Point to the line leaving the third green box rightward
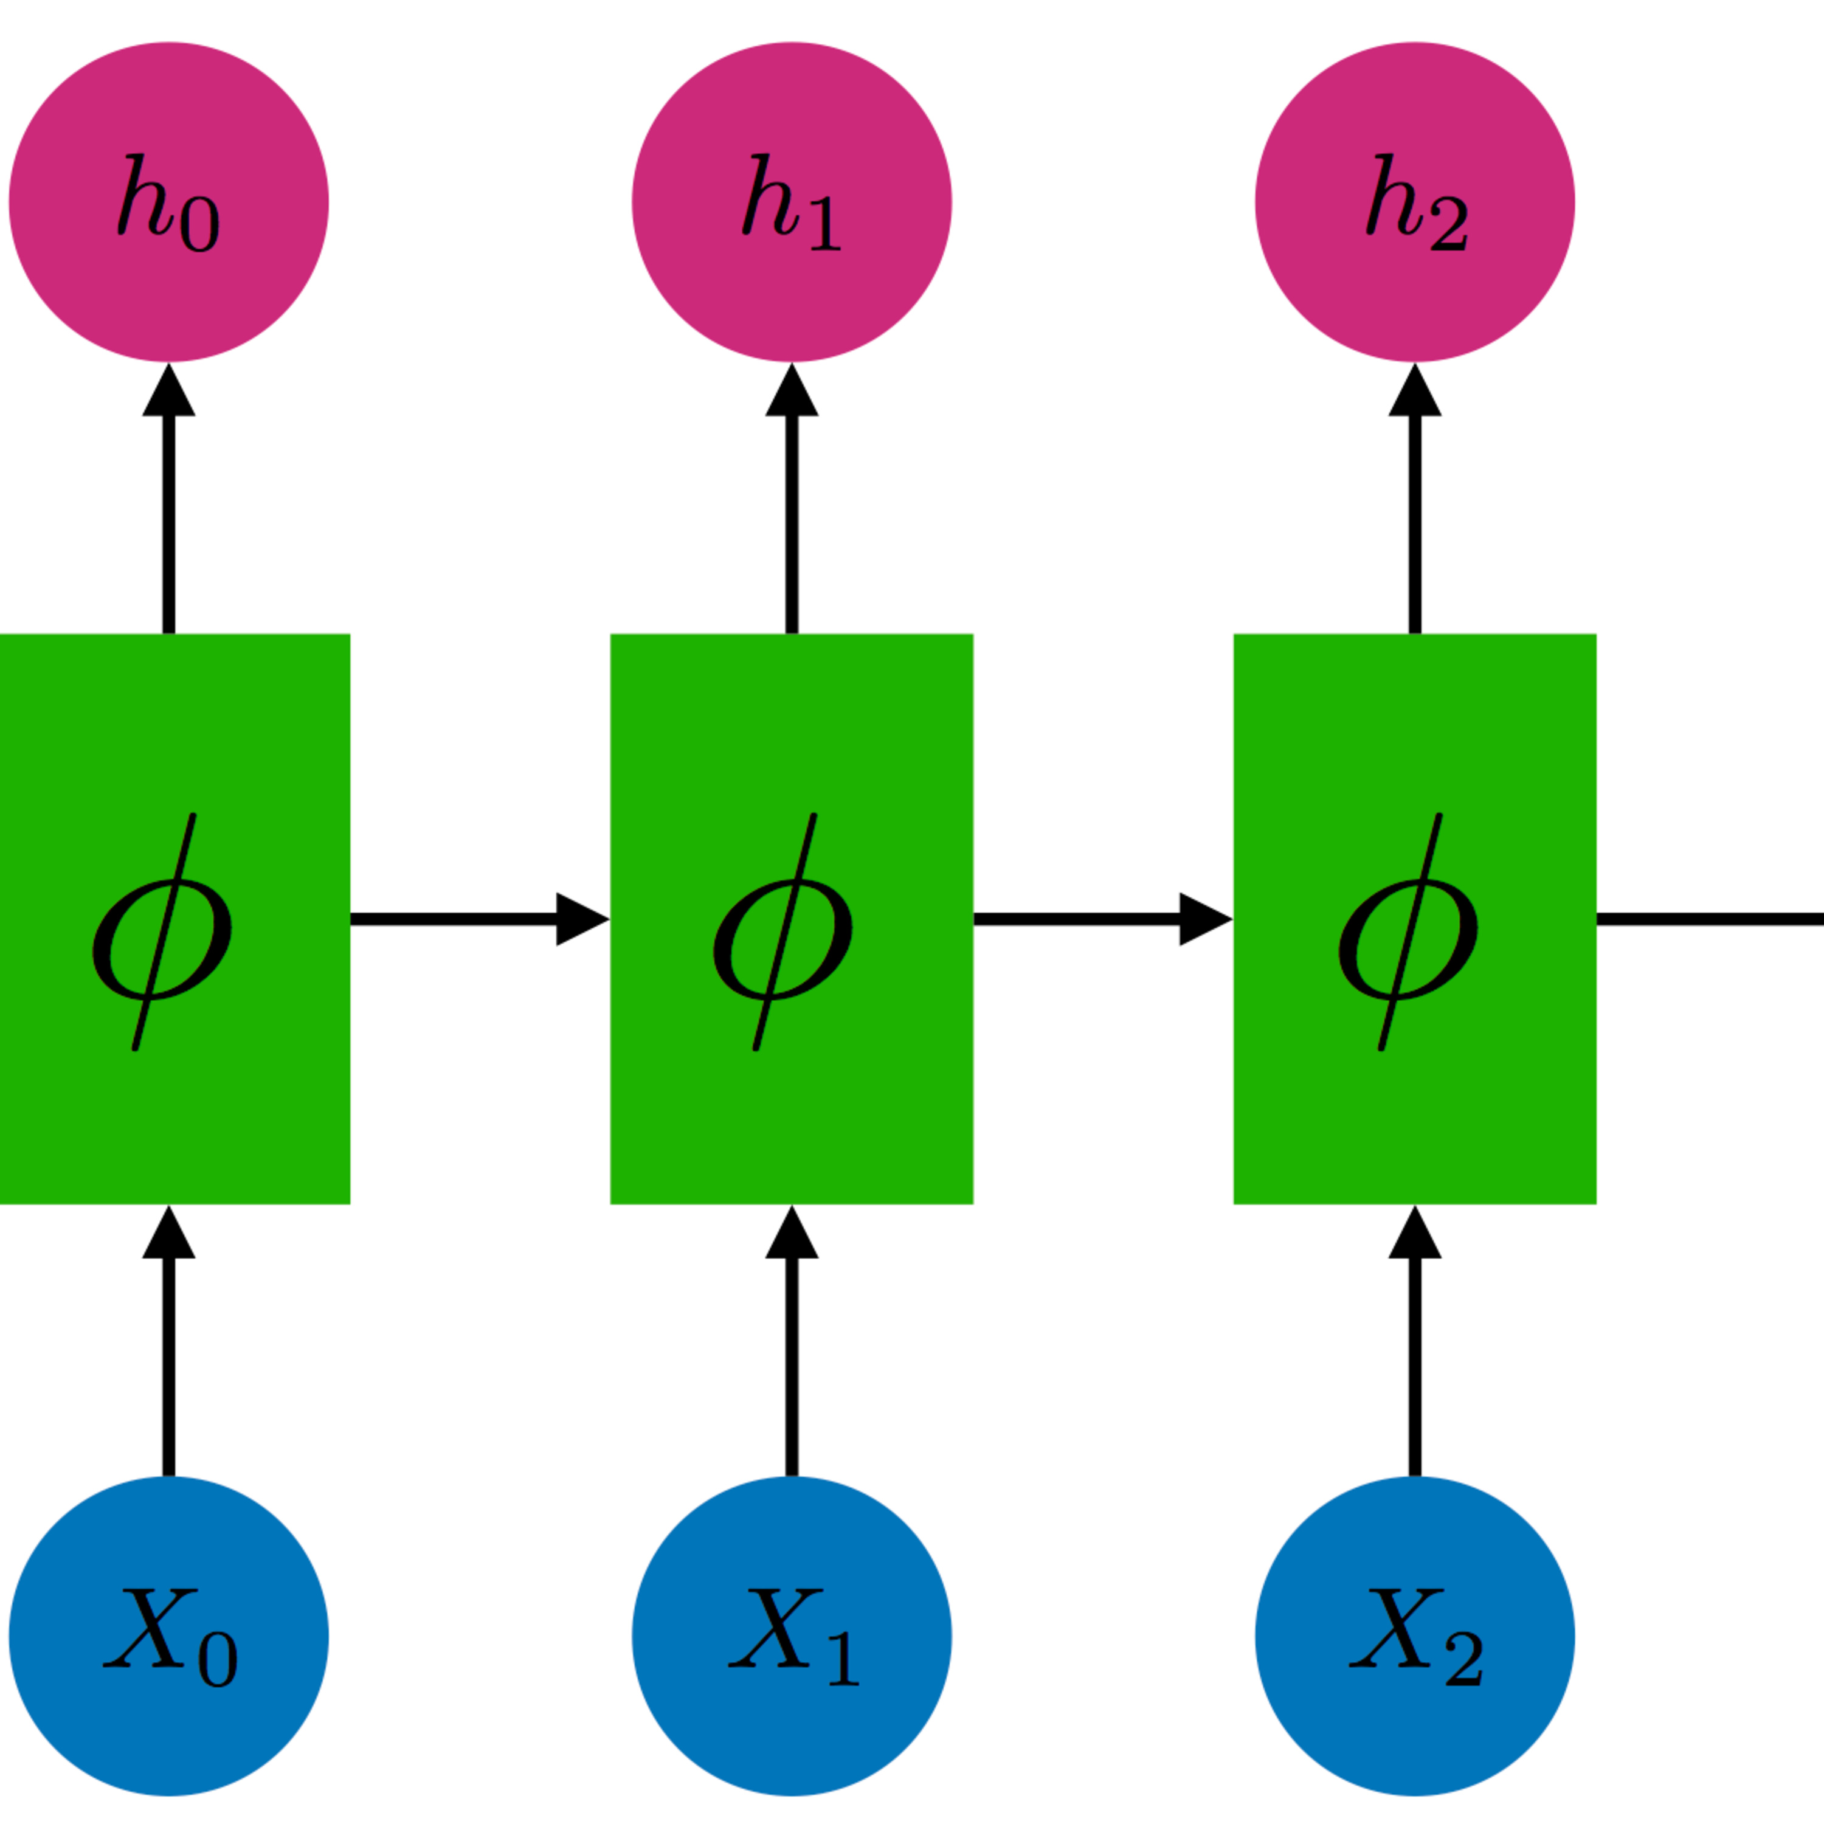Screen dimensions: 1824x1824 [1709, 919]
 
